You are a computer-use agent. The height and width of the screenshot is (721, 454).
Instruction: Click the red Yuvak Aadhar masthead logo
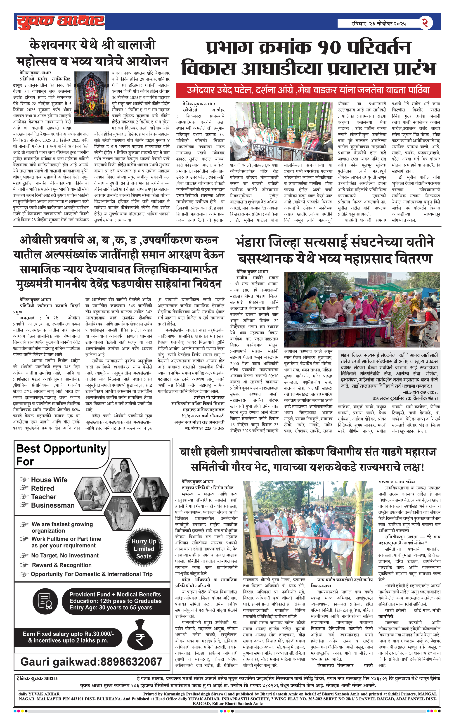click(x=61, y=22)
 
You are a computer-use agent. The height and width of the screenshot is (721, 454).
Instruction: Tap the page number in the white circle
click(x=425, y=23)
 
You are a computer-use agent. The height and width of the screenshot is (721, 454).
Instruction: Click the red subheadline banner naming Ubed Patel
click(x=308, y=90)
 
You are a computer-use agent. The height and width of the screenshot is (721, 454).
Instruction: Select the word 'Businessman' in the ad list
click(x=53, y=505)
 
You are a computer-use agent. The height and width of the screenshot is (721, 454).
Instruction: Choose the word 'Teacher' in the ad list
click(x=44, y=497)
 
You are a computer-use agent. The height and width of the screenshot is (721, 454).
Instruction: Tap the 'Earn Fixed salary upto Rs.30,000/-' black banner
click(x=68, y=637)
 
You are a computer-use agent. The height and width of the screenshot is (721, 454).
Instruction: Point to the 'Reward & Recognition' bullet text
click(x=62, y=565)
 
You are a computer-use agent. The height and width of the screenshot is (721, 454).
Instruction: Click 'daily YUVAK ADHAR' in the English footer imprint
click(x=39, y=694)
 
